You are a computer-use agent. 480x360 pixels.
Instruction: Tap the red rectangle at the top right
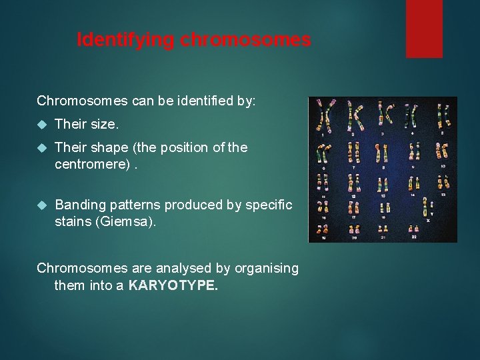point(424,28)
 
